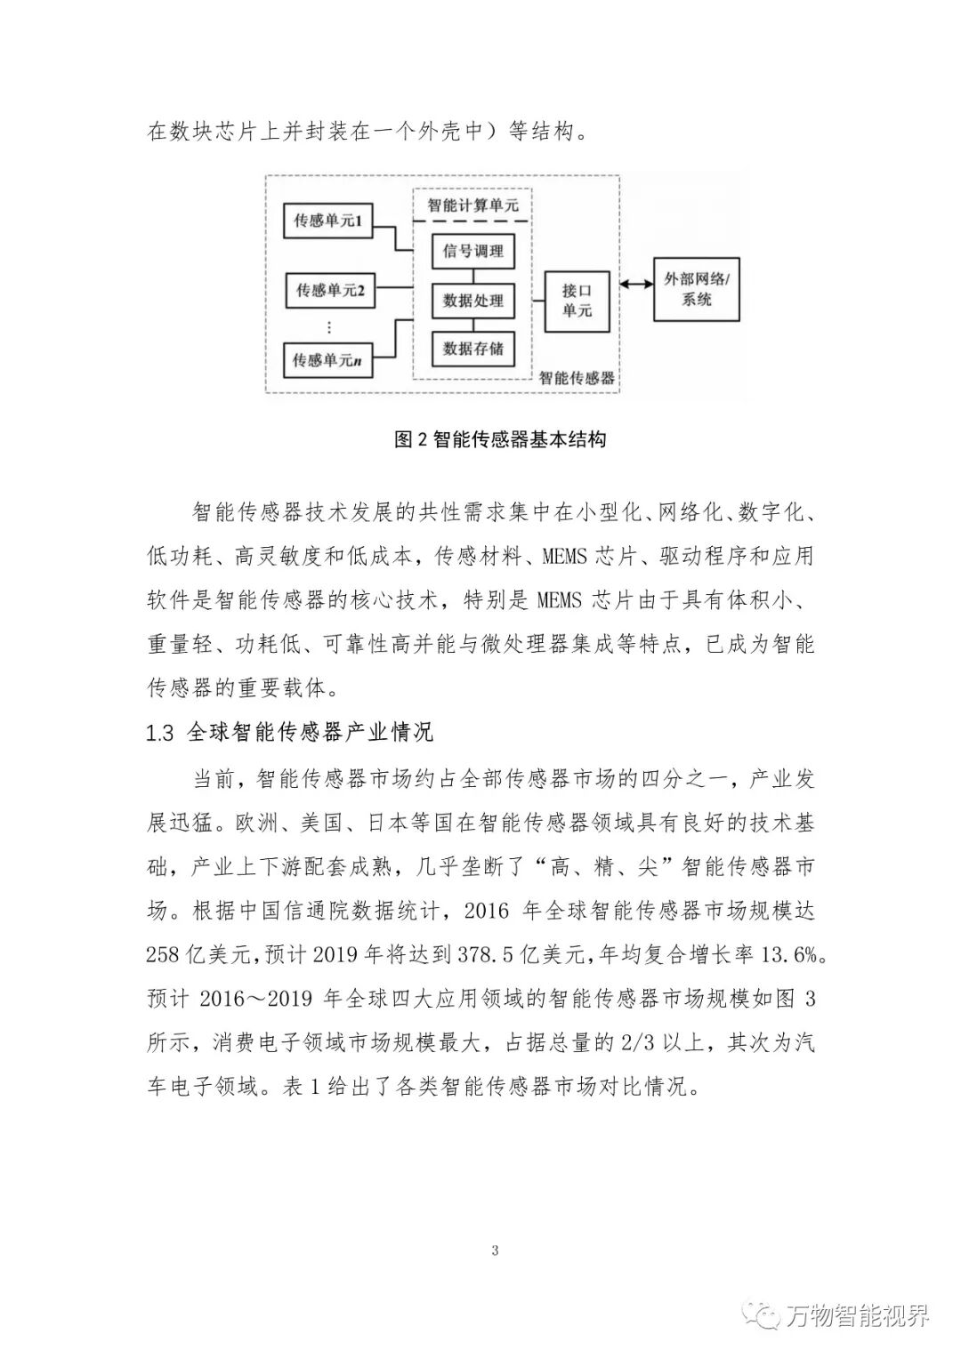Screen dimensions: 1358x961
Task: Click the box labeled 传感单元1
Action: pos(327,220)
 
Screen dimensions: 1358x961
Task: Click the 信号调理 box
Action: pos(472,252)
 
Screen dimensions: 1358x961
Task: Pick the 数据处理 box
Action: pos(472,301)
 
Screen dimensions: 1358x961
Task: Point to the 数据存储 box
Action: pos(472,349)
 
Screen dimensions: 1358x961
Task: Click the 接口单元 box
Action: pos(577,301)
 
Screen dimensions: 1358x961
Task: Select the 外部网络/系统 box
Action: pos(697,290)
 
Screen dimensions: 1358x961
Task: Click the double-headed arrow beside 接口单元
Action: pos(632,284)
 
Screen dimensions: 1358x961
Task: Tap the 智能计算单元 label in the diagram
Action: pos(472,205)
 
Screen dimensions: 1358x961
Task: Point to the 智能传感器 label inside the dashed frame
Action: pos(577,377)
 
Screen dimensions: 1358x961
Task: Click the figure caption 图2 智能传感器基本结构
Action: pos(500,439)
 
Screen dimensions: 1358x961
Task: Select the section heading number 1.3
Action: pos(159,733)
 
